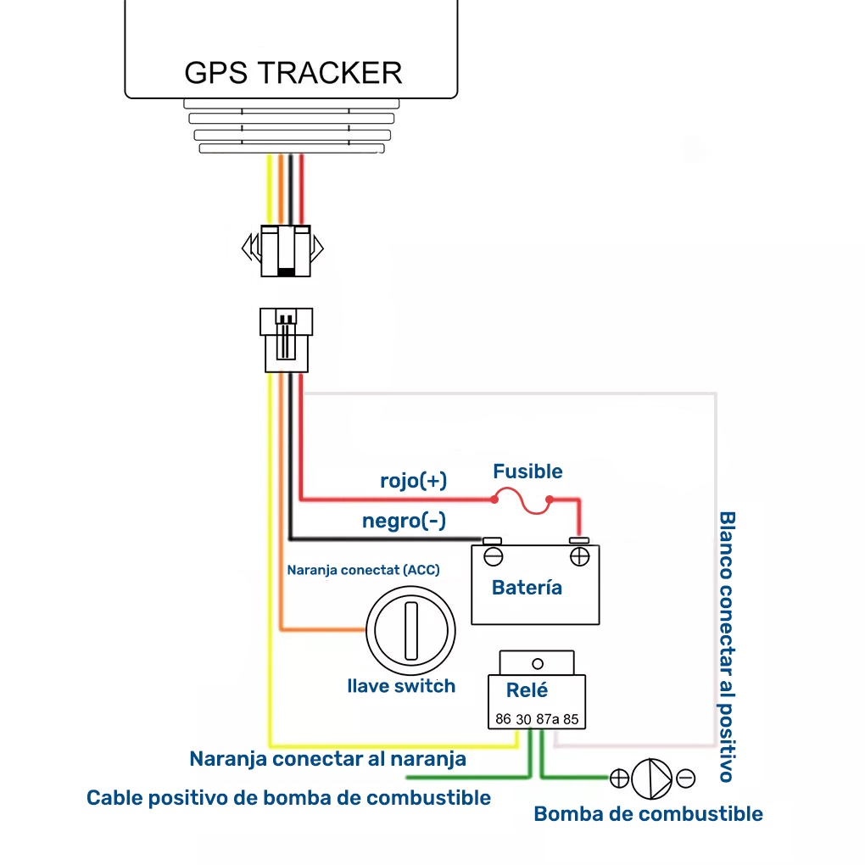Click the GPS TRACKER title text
[293, 73]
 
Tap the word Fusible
[527, 472]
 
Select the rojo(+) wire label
[413, 481]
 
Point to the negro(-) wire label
[404, 521]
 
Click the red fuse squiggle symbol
[522, 501]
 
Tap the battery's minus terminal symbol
[494, 556]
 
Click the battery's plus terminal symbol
[580, 556]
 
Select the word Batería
[527, 588]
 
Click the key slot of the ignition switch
[411, 631]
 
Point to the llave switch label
[401, 686]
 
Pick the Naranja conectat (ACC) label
[363, 570]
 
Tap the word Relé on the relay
[527, 689]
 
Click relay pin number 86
[503, 719]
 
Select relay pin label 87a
[548, 719]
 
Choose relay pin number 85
[571, 719]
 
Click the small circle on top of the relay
[538, 664]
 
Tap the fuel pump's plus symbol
[620, 778]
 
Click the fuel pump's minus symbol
[686, 778]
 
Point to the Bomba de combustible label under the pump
[648, 814]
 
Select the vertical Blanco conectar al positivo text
[727, 646]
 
